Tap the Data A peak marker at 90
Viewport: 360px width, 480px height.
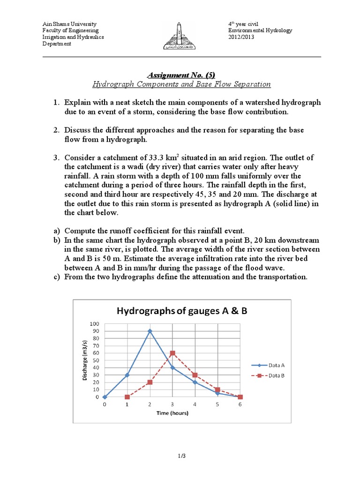click(x=150, y=331)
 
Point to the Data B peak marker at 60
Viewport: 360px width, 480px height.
click(x=172, y=353)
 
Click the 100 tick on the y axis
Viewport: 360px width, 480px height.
click(x=95, y=323)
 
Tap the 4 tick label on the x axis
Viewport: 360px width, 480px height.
click(x=195, y=404)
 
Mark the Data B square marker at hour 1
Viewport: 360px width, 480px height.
click(x=127, y=397)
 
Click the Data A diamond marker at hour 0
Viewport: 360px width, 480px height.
click(x=105, y=397)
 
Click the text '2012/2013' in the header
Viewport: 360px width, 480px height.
click(x=241, y=37)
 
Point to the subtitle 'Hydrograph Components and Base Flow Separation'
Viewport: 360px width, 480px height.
click(x=181, y=84)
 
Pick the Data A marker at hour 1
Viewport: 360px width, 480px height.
click(x=127, y=375)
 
